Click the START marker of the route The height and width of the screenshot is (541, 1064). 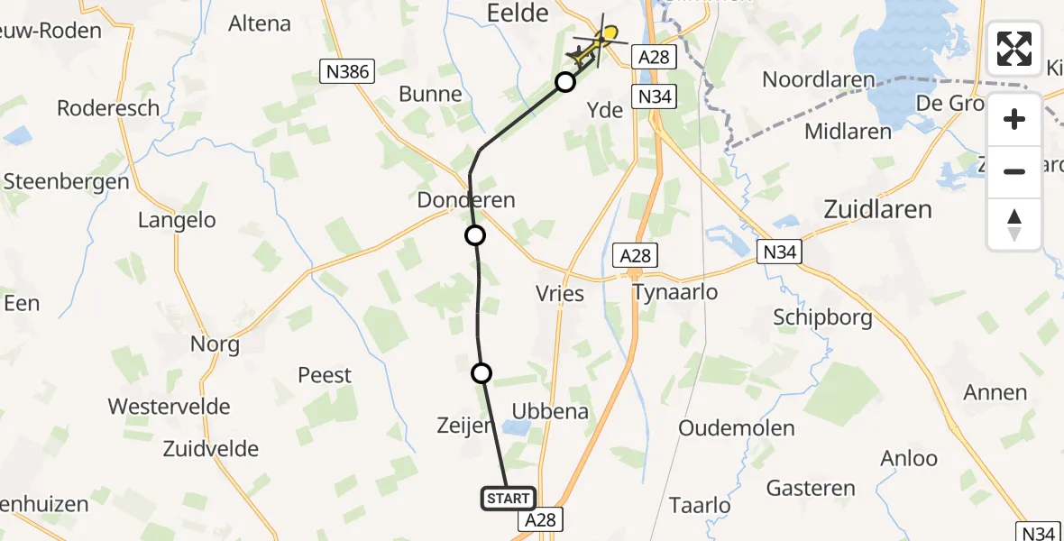pos(509,499)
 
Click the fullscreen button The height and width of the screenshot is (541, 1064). pos(1014,49)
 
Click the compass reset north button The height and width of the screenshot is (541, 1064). pos(1014,225)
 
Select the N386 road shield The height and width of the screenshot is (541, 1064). pos(347,69)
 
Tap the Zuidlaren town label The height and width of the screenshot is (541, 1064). pos(877,209)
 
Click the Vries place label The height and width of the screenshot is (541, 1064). pos(559,294)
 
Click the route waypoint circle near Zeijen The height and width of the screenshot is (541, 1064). pos(482,372)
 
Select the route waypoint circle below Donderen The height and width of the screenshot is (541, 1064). pos(474,235)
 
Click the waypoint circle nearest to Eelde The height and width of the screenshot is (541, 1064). pos(565,82)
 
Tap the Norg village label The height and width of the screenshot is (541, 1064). pos(215,344)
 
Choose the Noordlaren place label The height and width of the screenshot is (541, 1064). pos(818,79)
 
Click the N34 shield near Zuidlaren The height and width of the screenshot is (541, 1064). pos(777,252)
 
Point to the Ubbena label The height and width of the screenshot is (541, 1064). pos(550,412)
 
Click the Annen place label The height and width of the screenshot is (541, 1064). pos(995,392)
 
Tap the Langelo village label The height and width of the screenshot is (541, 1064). pos(177,220)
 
